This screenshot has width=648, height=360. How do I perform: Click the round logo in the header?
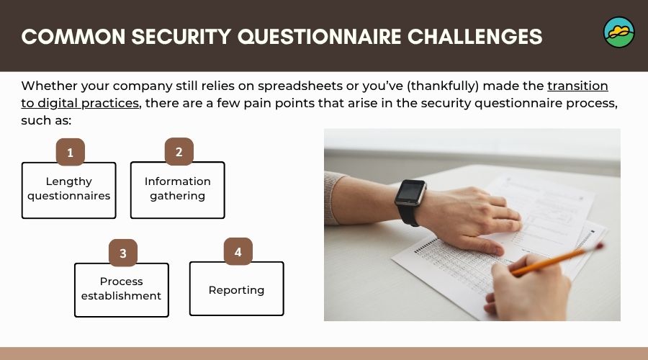[618, 32]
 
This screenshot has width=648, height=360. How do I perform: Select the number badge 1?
[71, 152]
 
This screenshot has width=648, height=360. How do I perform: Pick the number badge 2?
[179, 152]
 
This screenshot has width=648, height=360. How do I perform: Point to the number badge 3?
[123, 253]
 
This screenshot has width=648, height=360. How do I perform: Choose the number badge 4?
[238, 252]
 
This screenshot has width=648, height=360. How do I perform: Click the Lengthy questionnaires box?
[68, 189]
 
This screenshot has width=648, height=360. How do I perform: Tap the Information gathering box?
[177, 189]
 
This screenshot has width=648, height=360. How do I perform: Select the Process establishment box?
[121, 289]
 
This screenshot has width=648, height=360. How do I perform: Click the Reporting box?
[236, 289]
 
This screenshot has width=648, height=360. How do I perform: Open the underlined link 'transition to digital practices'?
[577, 86]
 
